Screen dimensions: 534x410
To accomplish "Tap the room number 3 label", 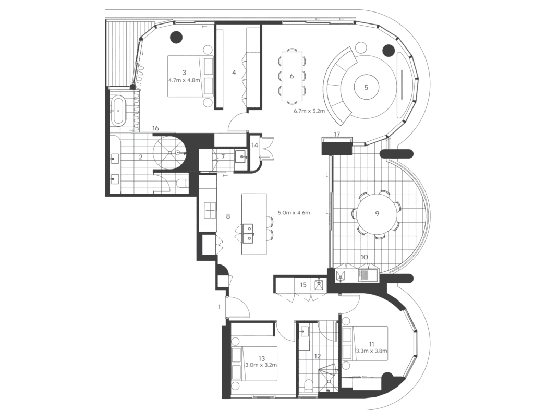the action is [x=184, y=72].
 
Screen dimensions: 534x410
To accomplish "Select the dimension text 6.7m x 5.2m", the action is [x=309, y=111].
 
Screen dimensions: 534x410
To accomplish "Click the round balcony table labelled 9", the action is [x=377, y=213].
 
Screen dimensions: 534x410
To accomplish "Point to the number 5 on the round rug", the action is [x=366, y=88].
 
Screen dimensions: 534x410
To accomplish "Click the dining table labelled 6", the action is [x=292, y=76].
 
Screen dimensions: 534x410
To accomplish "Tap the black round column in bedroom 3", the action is [x=176, y=37].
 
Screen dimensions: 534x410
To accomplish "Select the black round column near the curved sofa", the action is [x=389, y=51].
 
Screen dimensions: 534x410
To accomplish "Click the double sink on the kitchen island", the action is [x=248, y=234].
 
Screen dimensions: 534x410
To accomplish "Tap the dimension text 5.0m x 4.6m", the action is [x=294, y=213].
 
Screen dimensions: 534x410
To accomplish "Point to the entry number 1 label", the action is [x=220, y=307].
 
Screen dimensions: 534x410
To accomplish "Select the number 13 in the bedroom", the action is [x=262, y=358].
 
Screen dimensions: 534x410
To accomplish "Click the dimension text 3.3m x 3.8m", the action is [x=371, y=351].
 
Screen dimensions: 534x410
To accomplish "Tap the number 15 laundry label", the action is [x=303, y=285].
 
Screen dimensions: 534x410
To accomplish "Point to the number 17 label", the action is [x=337, y=134].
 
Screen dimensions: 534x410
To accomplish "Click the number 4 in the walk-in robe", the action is [x=234, y=73].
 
